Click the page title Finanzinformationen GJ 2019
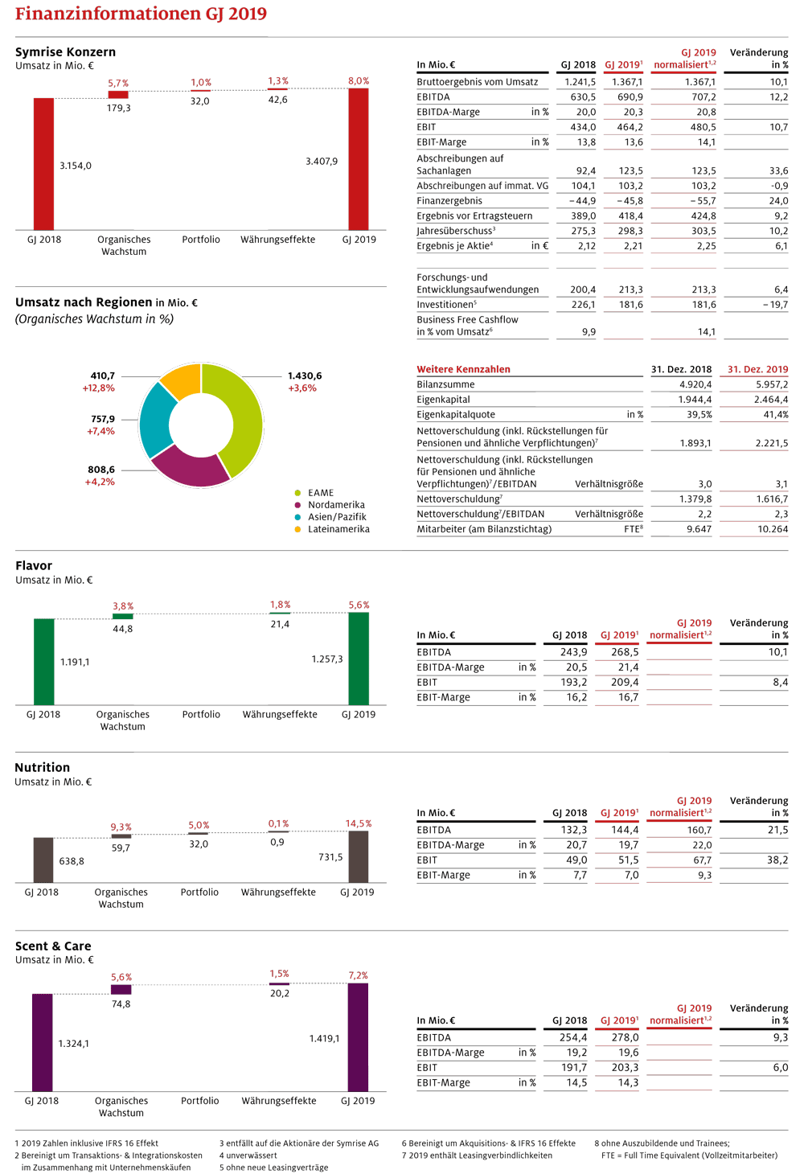click(141, 14)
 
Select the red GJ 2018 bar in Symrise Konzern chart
click(44, 163)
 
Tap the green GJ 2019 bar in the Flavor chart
click(359, 659)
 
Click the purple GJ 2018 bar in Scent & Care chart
click(43, 1042)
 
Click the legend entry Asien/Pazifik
click(337, 517)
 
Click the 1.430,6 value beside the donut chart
click(305, 376)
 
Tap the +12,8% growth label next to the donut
click(99, 388)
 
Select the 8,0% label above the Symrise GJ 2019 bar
click(359, 80)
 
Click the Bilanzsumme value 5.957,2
click(772, 384)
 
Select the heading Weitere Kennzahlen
click(463, 369)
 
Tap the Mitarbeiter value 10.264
click(773, 529)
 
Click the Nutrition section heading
click(43, 767)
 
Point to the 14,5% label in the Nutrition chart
click(359, 823)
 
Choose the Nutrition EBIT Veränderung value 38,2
click(778, 860)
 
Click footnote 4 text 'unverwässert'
click(248, 1156)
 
